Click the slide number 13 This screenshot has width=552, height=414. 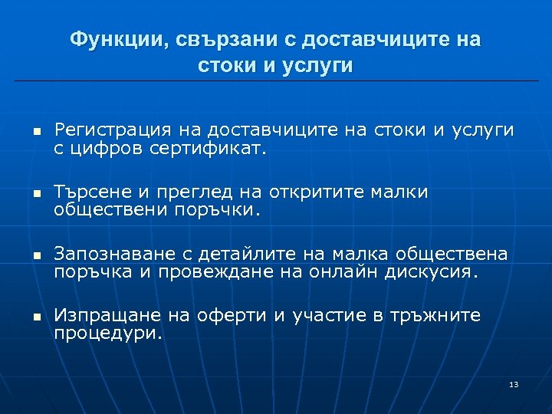click(514, 383)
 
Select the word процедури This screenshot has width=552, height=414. click(108, 332)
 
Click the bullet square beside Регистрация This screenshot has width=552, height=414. click(35, 131)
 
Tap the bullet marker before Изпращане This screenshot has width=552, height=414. click(35, 316)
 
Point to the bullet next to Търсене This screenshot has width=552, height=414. click(35, 193)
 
